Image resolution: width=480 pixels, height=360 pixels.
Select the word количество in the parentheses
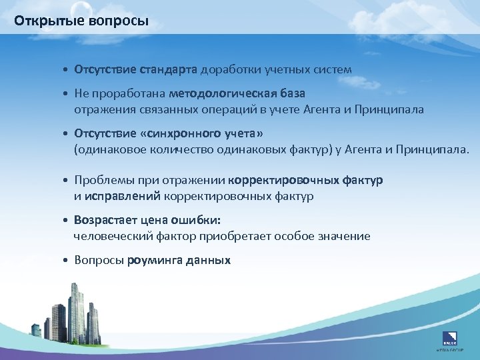[x=185, y=150]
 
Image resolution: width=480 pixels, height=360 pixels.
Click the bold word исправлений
[x=123, y=196]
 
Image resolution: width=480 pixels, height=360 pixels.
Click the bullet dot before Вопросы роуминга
[x=67, y=261]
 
